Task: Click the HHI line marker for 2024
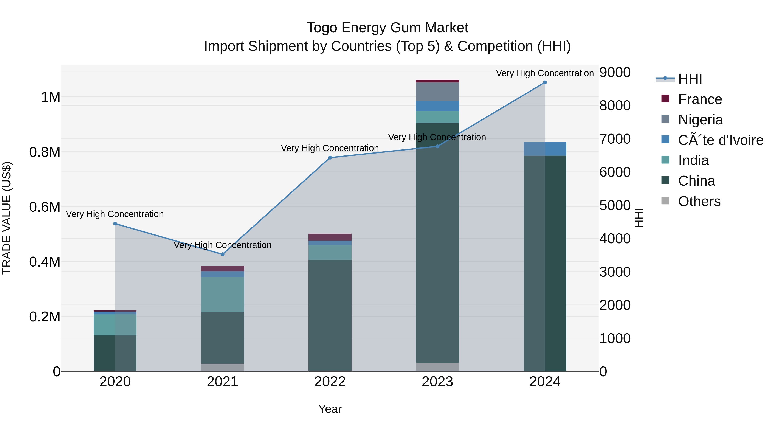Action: (x=545, y=82)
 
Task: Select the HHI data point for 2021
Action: (x=222, y=254)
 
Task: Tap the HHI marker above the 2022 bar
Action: (x=330, y=158)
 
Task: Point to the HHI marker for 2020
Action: (x=115, y=223)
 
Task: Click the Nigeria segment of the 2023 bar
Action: (x=437, y=92)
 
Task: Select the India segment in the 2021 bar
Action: (x=222, y=294)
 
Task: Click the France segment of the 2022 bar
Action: (x=330, y=237)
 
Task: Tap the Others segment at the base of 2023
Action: (x=437, y=367)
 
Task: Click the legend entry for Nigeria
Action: (x=700, y=120)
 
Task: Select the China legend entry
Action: (x=696, y=181)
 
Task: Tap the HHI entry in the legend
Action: (x=690, y=79)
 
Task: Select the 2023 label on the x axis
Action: (x=437, y=382)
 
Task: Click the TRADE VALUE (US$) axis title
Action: (x=7, y=218)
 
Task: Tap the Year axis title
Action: (x=330, y=409)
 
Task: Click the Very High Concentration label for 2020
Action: (x=115, y=214)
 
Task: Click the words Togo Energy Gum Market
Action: (x=387, y=28)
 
